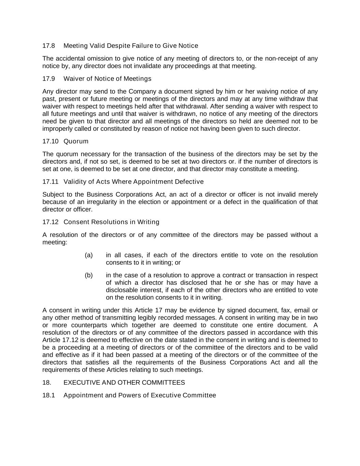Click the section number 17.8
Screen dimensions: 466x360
pos(48,46)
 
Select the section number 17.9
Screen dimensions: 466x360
pos(48,79)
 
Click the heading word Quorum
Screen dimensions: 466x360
pos(76,141)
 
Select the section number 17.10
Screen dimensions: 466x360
pos(50,141)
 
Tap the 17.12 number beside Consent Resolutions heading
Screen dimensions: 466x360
pos(50,222)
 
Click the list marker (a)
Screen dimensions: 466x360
pos(89,255)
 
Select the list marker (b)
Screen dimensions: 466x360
pos(89,275)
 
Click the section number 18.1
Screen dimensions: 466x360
pos(48,395)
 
